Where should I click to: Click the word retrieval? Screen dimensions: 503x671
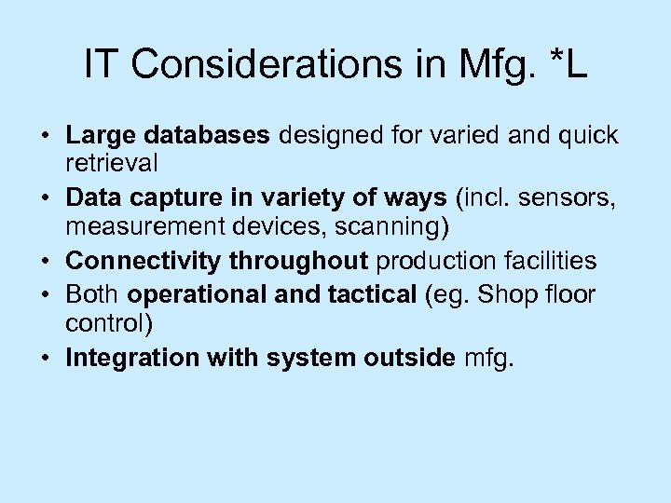112,164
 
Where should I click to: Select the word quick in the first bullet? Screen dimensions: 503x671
586,136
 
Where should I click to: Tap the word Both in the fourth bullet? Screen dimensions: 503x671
93,295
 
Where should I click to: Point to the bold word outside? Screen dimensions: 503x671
408,358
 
